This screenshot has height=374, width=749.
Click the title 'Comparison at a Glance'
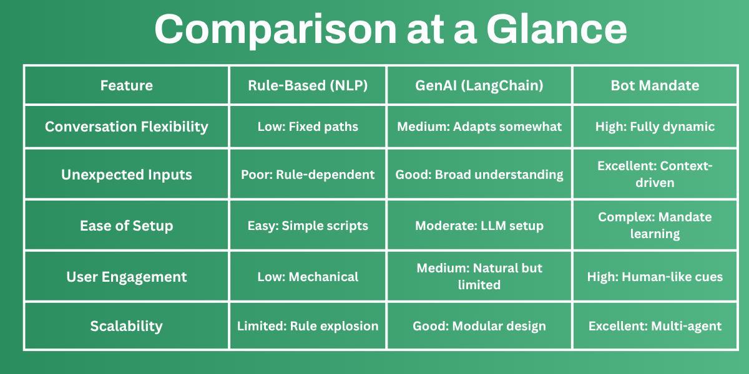click(390, 29)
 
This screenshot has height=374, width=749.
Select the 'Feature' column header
click(126, 85)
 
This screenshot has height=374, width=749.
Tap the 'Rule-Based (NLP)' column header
click(308, 85)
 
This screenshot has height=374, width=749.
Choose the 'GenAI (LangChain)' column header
click(479, 85)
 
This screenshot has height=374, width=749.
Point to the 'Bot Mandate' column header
click(655, 85)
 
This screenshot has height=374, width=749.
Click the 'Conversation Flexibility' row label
click(126, 127)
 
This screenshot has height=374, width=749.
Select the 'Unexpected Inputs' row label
click(126, 175)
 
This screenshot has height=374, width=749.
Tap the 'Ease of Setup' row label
click(126, 226)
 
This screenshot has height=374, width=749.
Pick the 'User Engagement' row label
click(126, 276)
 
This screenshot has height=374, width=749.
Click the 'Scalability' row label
click(126, 325)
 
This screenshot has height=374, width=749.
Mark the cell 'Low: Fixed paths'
click(308, 127)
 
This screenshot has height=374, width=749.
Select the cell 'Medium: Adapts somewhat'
click(479, 127)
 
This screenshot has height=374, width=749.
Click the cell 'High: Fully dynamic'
click(655, 127)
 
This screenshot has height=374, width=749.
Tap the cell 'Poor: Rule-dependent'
click(308, 175)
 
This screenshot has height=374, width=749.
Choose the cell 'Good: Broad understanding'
click(479, 175)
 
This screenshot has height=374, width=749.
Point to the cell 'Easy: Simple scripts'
click(308, 226)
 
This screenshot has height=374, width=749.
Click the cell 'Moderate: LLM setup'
click(479, 226)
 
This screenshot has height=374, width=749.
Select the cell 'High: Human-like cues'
click(655, 276)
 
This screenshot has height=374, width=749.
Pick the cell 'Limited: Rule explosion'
click(308, 325)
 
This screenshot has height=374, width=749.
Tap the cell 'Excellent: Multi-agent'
click(655, 325)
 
